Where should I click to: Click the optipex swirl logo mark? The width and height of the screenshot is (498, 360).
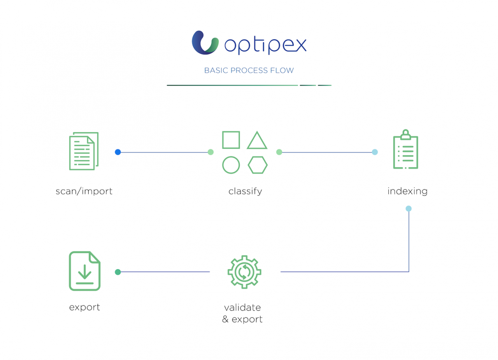point(205,43)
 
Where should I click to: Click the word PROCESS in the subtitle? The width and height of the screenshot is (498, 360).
point(249,70)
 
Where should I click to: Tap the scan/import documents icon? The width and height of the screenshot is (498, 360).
point(84,151)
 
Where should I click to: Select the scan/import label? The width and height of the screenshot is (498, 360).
point(84,191)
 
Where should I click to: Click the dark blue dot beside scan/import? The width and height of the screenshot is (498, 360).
point(118,152)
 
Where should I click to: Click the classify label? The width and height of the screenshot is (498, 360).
point(245,191)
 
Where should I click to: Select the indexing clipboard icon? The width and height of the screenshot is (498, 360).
point(406,149)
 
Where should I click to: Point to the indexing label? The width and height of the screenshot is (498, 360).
point(407,191)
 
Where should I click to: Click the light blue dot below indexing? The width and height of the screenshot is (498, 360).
point(409,209)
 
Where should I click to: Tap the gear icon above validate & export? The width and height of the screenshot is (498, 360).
point(244,272)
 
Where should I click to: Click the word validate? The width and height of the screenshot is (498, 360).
point(242,307)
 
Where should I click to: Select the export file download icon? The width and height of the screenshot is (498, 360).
point(85,271)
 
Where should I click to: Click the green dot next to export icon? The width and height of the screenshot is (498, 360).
point(118,272)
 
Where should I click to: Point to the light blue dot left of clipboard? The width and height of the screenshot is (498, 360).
point(375,152)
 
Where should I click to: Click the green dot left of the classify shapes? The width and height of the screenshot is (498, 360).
point(210,152)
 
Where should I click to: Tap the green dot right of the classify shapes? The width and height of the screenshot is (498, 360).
point(279,152)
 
